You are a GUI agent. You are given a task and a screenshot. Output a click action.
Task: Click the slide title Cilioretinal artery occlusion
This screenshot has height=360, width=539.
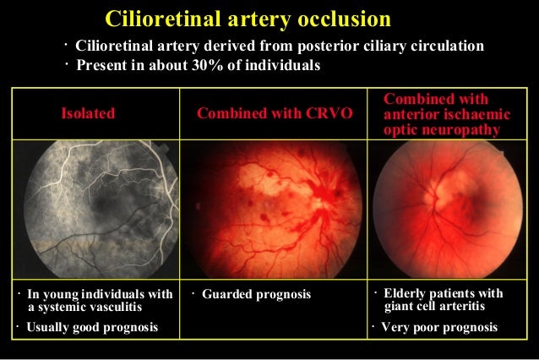(x=248, y=18)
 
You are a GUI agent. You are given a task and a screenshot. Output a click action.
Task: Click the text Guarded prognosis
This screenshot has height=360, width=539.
(x=257, y=294)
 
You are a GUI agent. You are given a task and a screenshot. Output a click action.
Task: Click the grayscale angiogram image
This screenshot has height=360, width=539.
(x=93, y=214)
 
